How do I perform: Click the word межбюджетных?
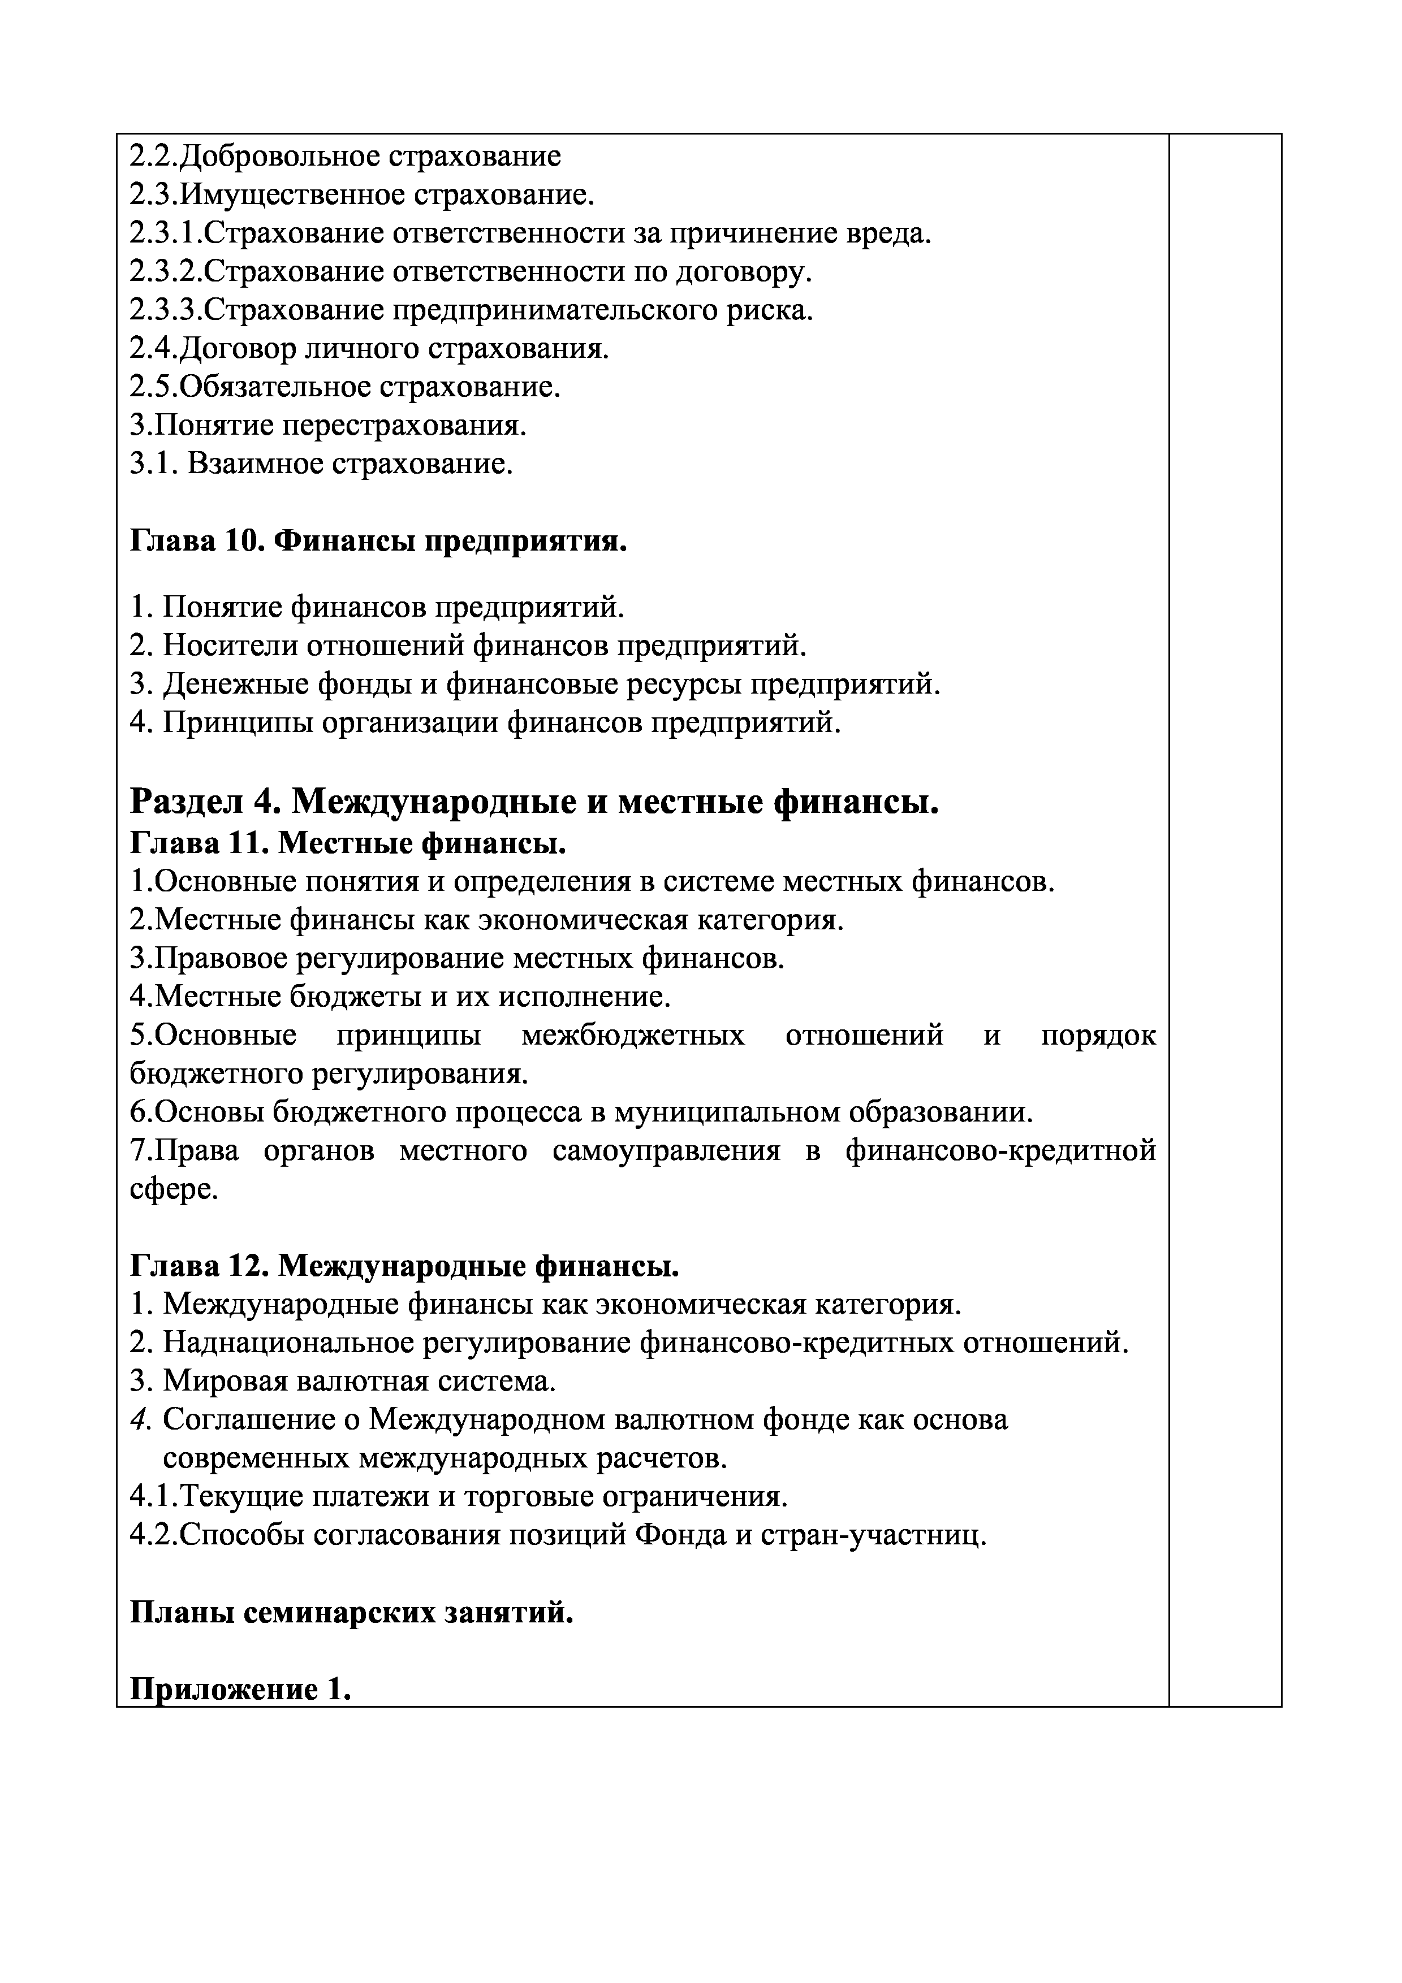[633, 1036]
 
